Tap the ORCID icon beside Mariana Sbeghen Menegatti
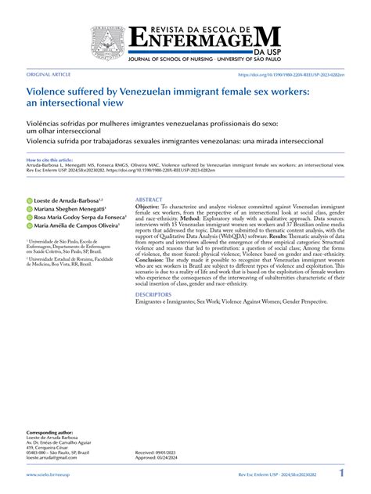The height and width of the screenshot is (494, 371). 29,210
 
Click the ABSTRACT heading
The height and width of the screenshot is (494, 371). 149,200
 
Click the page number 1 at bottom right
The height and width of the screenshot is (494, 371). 341,474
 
